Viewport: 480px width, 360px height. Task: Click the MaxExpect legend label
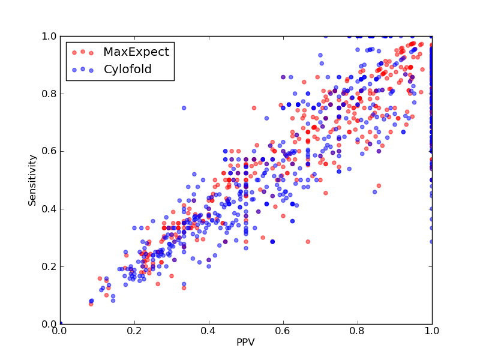136,52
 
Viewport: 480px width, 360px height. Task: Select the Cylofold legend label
128,70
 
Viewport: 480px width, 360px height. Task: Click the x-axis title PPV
245,342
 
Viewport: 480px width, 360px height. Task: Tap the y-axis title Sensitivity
32,181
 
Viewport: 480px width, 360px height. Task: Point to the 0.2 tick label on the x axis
134,331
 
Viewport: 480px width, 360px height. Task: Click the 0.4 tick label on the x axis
208,331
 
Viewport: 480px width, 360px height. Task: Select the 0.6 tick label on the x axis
283,331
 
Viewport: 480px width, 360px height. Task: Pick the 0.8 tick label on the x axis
357,331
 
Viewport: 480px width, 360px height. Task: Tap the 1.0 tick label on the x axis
432,331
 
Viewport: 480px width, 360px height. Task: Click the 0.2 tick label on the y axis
49,266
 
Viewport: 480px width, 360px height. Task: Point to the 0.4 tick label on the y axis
49,209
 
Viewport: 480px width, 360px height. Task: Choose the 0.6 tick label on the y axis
49,152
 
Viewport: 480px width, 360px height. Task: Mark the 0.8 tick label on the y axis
49,94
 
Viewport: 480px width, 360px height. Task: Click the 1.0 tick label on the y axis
49,36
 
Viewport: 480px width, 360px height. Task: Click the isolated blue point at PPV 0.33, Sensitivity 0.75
184,108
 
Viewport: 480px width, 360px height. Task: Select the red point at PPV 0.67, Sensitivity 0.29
308,242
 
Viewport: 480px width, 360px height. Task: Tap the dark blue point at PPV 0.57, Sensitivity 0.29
272,242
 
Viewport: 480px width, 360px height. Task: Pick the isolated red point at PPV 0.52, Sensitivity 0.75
254,108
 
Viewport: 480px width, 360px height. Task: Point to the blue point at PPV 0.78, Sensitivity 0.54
349,169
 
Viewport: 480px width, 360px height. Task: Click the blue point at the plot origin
61,323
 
